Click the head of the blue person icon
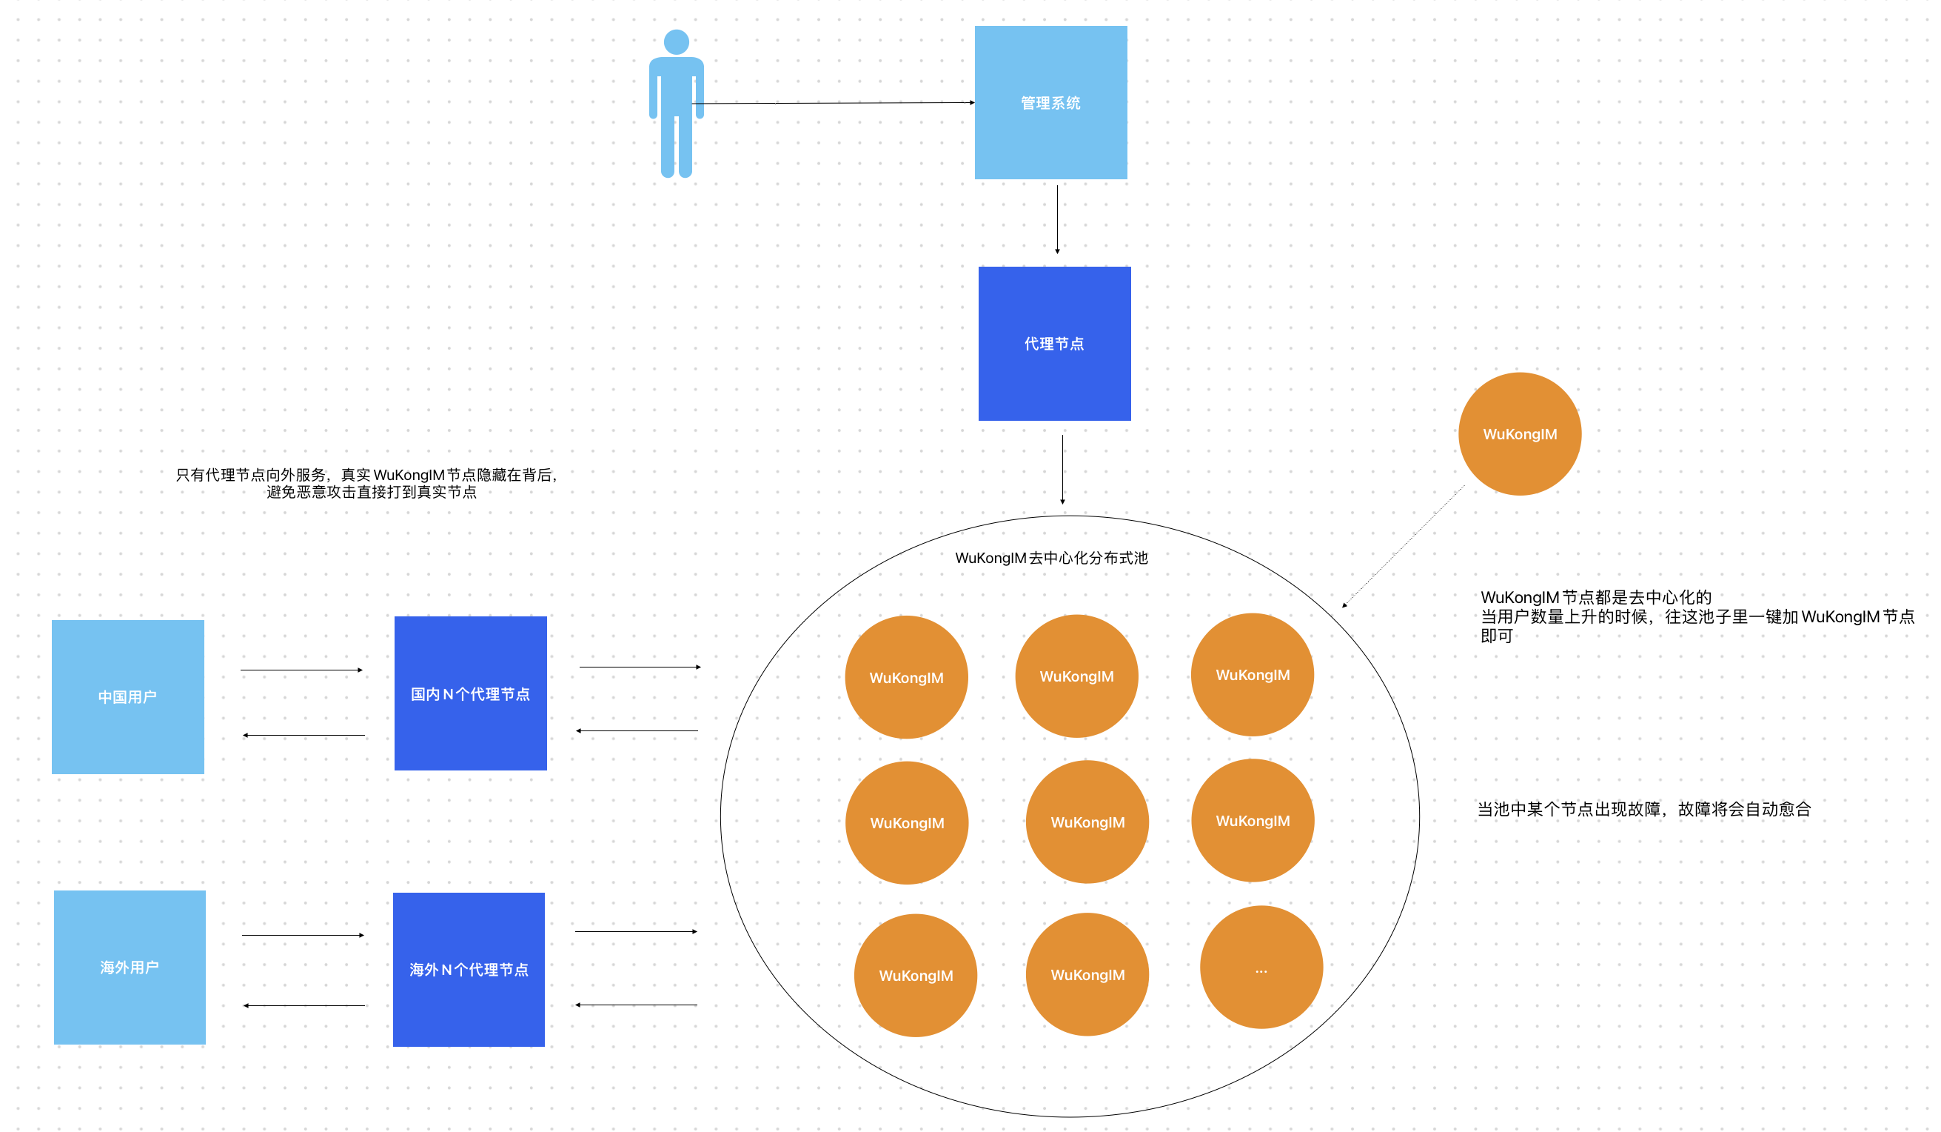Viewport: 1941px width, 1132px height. point(677,41)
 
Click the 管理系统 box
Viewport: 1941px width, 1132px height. point(1050,102)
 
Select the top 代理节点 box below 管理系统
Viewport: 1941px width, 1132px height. point(1053,344)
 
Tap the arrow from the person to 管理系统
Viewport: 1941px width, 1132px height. point(832,102)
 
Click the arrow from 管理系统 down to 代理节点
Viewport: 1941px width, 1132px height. point(1057,219)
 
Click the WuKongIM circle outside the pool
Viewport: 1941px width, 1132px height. point(1519,434)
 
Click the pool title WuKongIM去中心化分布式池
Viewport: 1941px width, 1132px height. point(1050,558)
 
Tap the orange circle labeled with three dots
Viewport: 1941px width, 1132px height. point(1261,967)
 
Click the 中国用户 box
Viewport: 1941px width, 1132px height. point(128,696)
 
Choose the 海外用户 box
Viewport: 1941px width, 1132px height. point(130,967)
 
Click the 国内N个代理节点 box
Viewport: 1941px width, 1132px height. point(470,693)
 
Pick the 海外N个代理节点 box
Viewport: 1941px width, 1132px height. point(469,970)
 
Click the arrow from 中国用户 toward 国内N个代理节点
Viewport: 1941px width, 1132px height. point(301,670)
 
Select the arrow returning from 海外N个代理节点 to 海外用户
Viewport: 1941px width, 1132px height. point(304,1005)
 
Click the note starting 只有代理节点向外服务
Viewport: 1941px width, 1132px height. point(366,483)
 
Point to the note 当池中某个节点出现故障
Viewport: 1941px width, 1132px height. point(1643,809)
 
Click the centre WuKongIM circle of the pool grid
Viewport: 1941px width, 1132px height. point(1087,822)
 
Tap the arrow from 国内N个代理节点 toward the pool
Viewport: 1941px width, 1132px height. point(640,667)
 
